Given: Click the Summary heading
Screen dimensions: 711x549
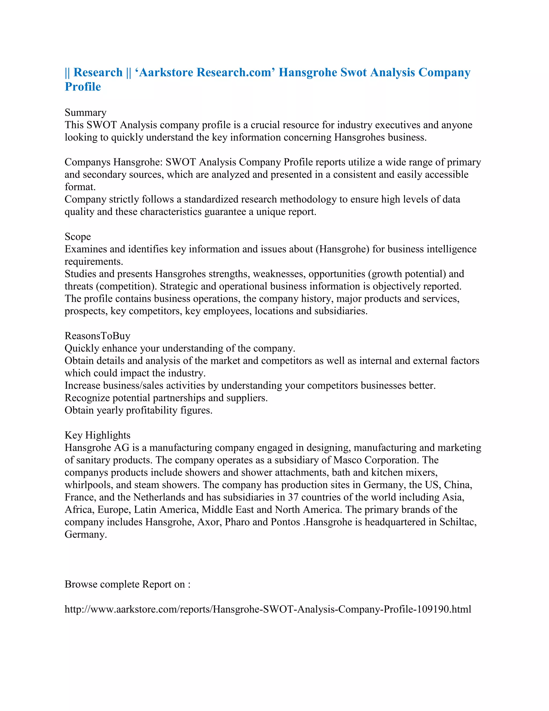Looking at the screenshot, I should (86, 113).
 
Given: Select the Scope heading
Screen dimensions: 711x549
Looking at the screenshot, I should (78, 237).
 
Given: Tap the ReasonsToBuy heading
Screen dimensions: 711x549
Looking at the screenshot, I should (97, 336).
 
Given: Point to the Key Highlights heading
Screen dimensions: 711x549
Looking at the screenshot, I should (97, 435).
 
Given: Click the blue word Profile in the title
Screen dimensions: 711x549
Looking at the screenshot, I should (83, 87).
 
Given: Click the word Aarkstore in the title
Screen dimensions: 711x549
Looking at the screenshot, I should (166, 72).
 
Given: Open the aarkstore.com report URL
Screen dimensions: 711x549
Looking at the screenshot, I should (268, 609).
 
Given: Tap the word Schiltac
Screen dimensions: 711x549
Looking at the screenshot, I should (458, 522).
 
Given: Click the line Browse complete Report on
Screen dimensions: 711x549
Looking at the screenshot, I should (128, 584).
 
